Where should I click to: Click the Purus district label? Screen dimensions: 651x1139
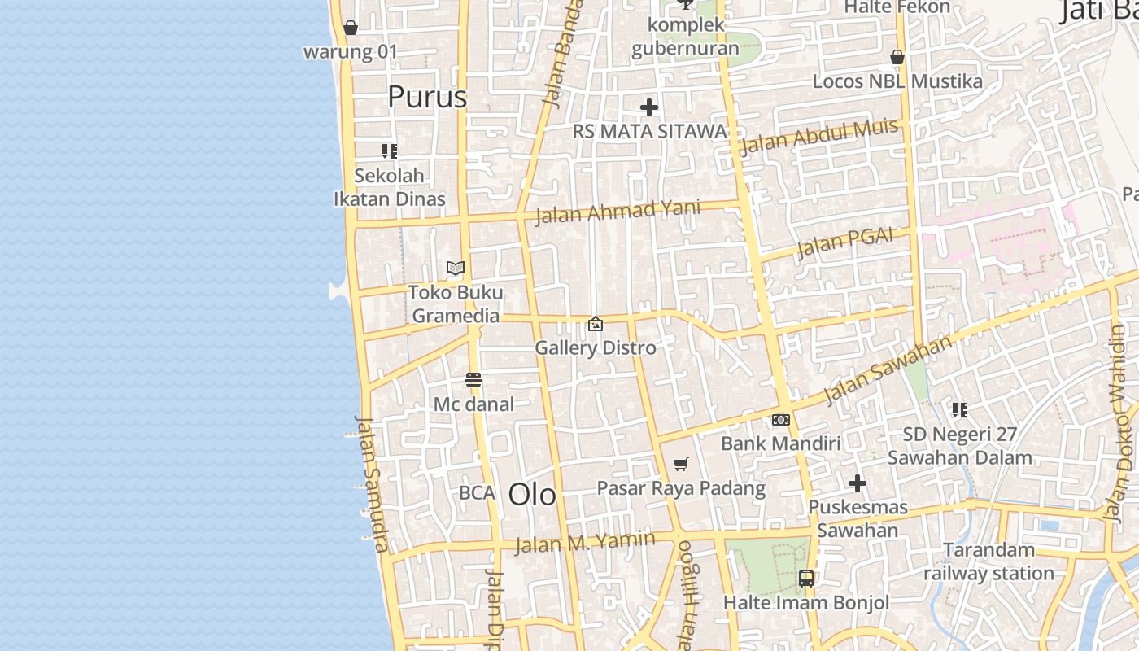point(427,97)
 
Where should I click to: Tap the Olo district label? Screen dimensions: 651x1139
point(533,494)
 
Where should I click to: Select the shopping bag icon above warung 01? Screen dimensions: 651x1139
point(351,28)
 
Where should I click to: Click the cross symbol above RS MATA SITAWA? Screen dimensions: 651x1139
point(649,107)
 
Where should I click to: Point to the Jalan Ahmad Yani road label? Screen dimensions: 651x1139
point(618,211)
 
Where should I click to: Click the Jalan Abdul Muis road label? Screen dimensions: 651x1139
point(819,136)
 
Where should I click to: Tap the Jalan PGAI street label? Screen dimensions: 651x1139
point(844,242)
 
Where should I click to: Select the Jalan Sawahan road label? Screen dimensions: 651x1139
point(888,369)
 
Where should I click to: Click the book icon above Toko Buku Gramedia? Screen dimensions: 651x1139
point(456,268)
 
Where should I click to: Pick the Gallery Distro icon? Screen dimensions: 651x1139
point(596,324)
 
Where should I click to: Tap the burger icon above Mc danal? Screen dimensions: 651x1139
point(473,380)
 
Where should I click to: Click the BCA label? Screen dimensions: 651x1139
point(477,492)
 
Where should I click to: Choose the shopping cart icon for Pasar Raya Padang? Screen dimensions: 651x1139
point(681,464)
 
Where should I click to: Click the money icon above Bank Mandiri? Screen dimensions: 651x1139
point(781,420)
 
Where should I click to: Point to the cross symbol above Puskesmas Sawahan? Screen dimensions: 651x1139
point(858,483)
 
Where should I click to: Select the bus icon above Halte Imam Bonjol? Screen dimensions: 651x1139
point(806,579)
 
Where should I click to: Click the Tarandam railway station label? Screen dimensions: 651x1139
point(988,561)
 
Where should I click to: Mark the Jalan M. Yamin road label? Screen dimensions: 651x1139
point(586,541)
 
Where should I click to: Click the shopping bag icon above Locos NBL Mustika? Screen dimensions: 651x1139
point(897,57)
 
